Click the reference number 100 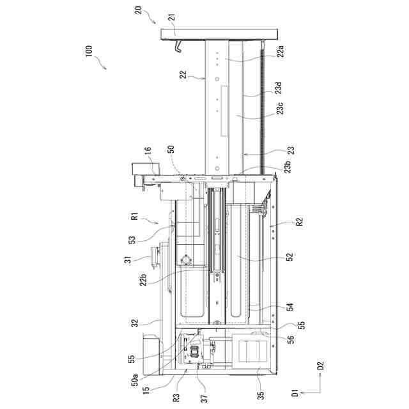tap(89, 51)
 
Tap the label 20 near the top tap(138, 10)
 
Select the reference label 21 tap(172, 17)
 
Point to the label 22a tap(281, 51)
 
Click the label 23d tap(279, 88)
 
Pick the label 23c tap(280, 109)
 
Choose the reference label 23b tap(288, 167)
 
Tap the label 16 tap(148, 151)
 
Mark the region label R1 tap(135, 216)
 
